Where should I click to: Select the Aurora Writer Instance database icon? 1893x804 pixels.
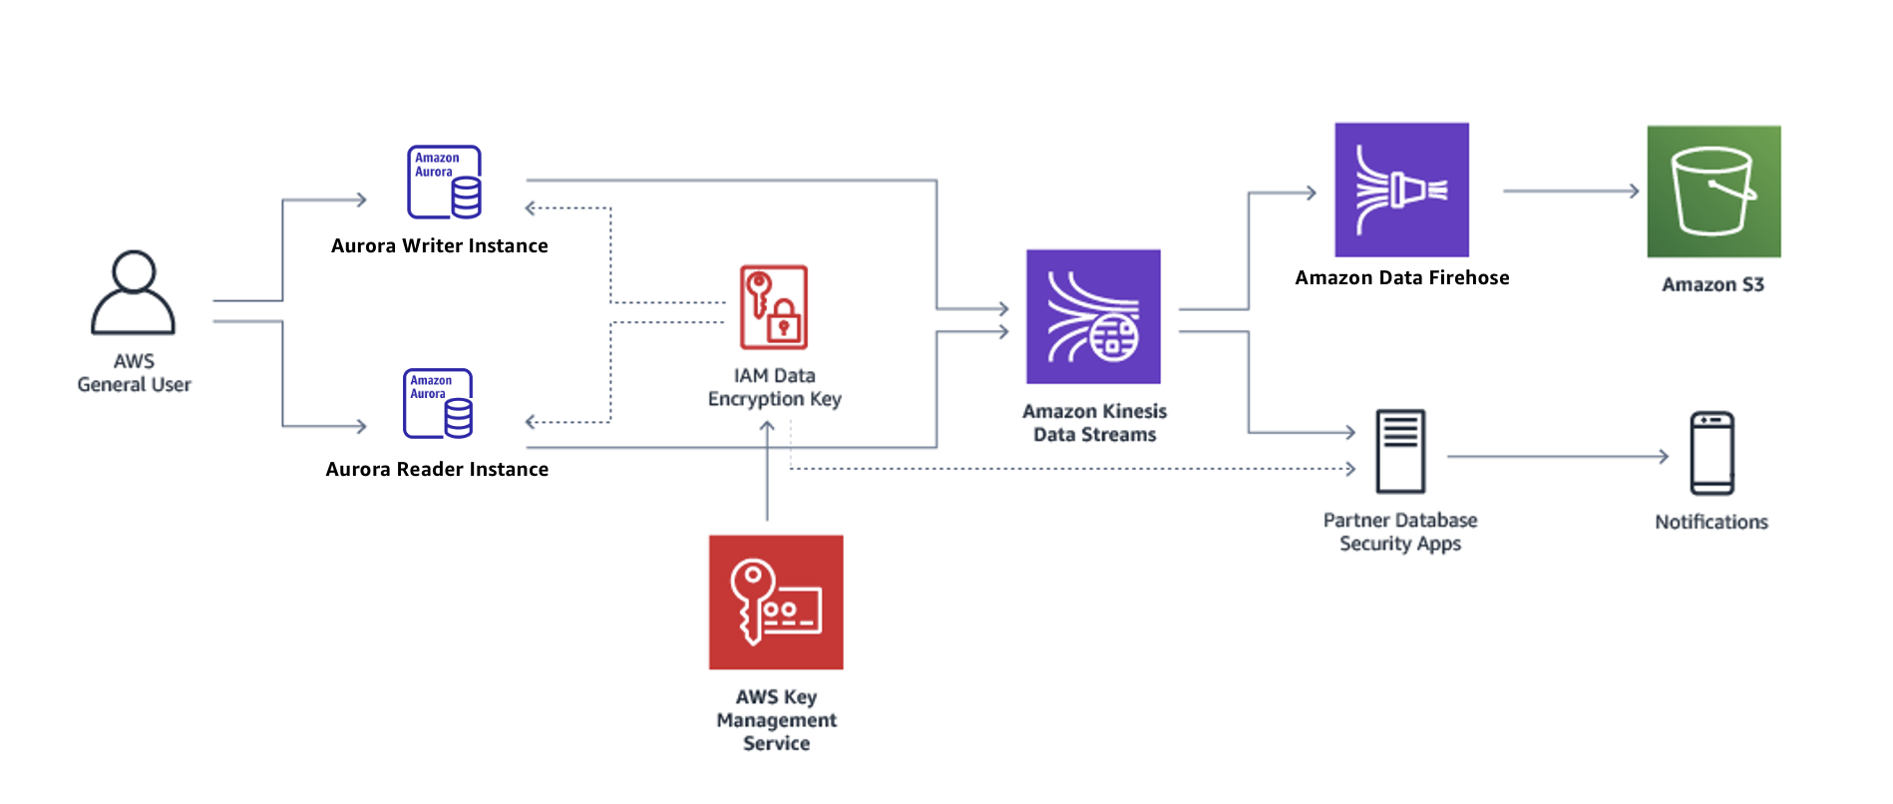(x=444, y=183)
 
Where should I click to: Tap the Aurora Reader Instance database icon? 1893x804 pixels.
(x=438, y=404)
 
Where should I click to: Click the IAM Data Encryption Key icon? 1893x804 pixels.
(x=774, y=307)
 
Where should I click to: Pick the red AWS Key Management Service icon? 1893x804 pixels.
(x=776, y=603)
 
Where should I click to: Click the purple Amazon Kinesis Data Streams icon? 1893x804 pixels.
(x=1093, y=317)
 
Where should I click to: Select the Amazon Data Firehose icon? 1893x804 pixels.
(x=1401, y=191)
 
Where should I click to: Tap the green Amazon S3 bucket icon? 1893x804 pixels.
(x=1713, y=192)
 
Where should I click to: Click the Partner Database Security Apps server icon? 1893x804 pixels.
(x=1400, y=451)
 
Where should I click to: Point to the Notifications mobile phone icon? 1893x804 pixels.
(x=1711, y=454)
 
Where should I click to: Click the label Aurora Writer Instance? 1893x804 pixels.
(x=439, y=246)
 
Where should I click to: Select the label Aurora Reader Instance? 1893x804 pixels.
(x=437, y=470)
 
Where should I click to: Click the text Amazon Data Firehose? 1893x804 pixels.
(x=1401, y=278)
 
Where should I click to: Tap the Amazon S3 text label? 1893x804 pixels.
(x=1712, y=285)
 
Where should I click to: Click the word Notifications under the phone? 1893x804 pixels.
(x=1710, y=523)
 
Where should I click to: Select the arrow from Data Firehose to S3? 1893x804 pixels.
(x=1571, y=191)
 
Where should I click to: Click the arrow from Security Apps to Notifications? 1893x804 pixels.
(x=1557, y=457)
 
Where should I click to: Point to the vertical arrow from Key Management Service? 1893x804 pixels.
(x=767, y=474)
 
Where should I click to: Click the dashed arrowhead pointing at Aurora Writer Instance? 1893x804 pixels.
(x=532, y=208)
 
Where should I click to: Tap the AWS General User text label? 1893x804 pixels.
(x=134, y=373)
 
